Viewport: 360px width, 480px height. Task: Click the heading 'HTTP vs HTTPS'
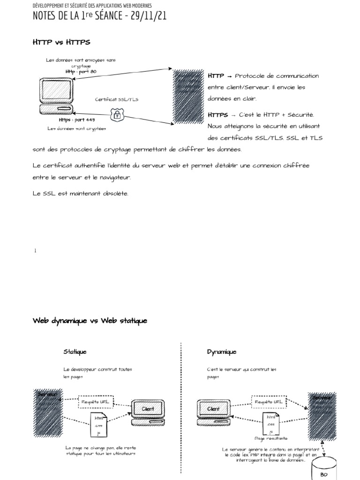click(61, 42)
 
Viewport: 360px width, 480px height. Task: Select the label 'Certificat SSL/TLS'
click(117, 99)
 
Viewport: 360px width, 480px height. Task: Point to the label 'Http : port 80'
click(81, 71)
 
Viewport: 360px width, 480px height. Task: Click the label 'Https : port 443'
click(76, 120)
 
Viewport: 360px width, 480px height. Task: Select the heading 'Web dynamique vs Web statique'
click(90, 321)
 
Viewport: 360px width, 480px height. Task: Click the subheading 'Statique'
click(75, 352)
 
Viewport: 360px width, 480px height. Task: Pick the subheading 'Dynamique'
click(222, 352)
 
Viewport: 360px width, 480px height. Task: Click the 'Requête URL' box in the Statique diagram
click(97, 402)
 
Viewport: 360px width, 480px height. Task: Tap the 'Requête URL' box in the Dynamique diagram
click(269, 402)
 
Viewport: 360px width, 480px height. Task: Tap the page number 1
click(35, 251)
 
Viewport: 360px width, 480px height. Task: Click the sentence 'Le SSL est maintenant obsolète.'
click(80, 193)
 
